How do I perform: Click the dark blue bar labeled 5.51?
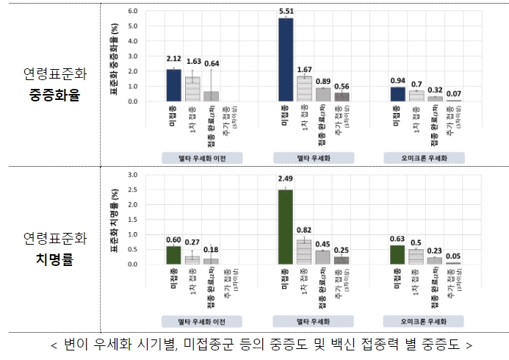285,60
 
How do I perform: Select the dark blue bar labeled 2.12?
173,85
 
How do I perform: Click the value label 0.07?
453,95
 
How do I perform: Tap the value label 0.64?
212,63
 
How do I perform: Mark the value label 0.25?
342,251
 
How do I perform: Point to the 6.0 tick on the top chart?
133,12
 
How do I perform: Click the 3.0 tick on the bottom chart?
133,175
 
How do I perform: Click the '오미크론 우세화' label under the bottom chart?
422,321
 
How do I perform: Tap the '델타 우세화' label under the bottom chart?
314,321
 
